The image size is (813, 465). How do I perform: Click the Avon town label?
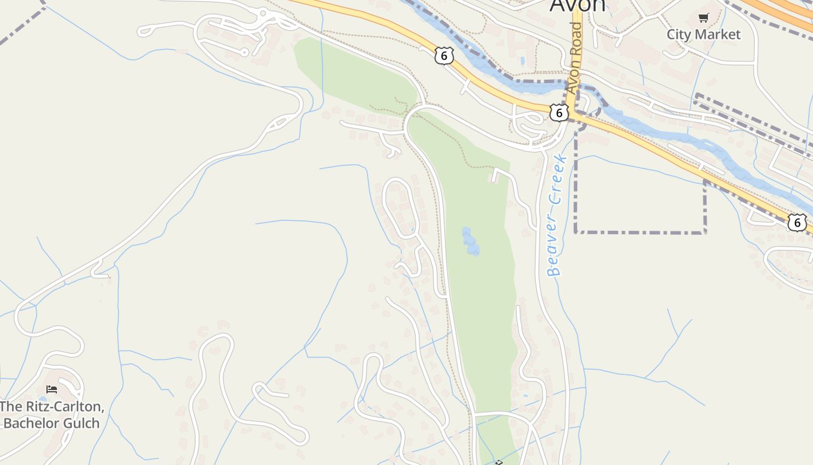tap(577, 5)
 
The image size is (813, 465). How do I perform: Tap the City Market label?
tap(703, 34)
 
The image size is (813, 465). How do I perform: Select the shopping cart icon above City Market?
tap(703, 18)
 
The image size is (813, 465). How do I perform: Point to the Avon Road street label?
tap(574, 58)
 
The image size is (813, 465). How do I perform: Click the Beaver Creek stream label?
tap(555, 215)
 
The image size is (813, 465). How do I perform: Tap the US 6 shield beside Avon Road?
tap(559, 113)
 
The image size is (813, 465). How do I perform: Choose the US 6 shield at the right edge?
tap(797, 222)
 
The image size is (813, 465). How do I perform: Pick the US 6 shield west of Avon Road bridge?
tap(444, 56)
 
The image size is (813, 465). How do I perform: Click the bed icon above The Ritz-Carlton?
tap(52, 389)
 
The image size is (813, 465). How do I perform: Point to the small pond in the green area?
tap(470, 241)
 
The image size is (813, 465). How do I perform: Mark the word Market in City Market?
tap(717, 34)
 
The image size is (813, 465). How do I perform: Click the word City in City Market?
tap(678, 34)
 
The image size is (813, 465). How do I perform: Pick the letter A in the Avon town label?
tap(557, 5)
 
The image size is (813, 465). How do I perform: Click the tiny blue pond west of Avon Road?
tap(522, 60)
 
